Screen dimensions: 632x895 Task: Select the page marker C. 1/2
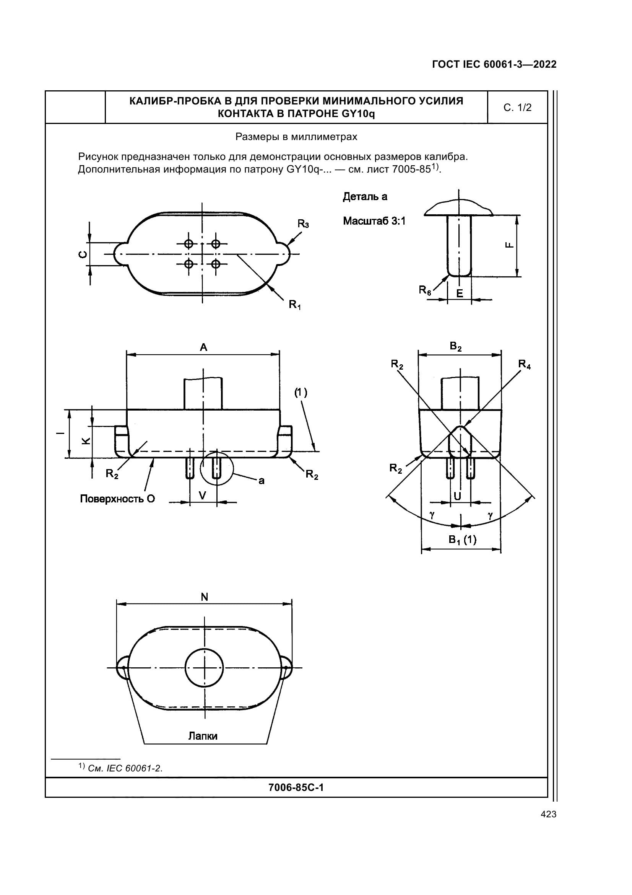(518, 108)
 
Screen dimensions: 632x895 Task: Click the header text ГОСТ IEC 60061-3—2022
(494, 64)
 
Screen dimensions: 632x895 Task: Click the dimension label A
(203, 347)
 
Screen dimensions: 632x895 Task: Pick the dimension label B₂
(456, 346)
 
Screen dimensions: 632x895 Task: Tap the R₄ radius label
(525, 365)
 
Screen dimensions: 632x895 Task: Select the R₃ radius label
(303, 224)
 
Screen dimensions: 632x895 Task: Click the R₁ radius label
(295, 305)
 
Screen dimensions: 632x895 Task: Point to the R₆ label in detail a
(425, 290)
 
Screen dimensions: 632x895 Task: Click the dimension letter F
(509, 245)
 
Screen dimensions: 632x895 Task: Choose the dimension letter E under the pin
(460, 293)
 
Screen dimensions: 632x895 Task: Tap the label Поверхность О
(118, 499)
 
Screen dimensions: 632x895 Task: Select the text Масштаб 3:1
(374, 221)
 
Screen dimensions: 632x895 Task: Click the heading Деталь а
(365, 197)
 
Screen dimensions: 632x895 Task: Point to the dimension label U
(458, 496)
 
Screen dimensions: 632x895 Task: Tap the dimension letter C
(83, 254)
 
